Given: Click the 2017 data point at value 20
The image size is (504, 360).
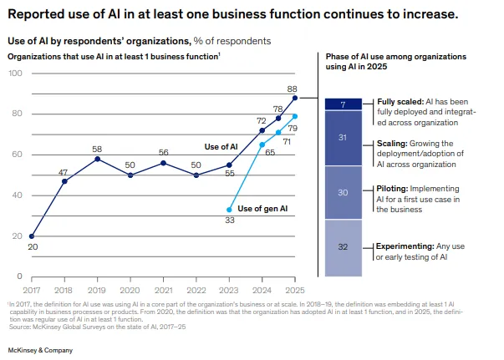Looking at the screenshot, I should [x=32, y=236].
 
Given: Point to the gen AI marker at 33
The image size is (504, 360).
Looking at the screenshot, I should [x=229, y=210].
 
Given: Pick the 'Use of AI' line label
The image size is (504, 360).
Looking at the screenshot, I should [x=222, y=147].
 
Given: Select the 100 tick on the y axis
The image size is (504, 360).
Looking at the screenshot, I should [x=15, y=74].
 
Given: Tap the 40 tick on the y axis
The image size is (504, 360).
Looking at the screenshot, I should [x=15, y=195].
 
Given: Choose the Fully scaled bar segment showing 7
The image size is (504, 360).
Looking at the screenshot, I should [x=343, y=104].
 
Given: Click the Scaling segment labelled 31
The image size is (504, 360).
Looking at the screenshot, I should [x=343, y=138].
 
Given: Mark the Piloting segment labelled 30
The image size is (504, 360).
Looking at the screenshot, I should [x=343, y=193].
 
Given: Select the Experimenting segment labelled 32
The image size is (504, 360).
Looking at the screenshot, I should [x=343, y=248].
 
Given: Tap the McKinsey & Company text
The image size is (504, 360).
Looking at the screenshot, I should [x=40, y=350].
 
